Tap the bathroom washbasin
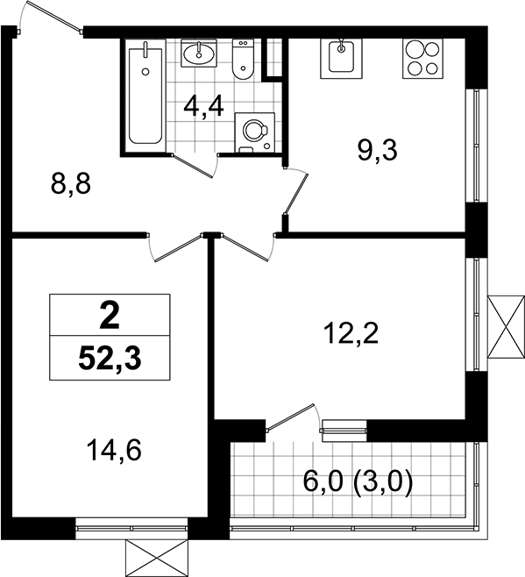(x=199, y=53)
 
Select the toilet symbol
(x=243, y=60)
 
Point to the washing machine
(x=254, y=132)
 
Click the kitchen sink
(x=341, y=59)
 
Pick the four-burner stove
(x=422, y=59)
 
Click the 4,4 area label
(x=204, y=107)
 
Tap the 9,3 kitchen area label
(x=378, y=151)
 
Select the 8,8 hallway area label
(x=71, y=184)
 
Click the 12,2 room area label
(x=351, y=333)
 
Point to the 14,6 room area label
(x=114, y=451)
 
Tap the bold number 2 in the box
(x=110, y=315)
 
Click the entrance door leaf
(x=53, y=16)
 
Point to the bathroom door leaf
(x=193, y=167)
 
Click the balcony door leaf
(x=291, y=417)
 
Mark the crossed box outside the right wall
(x=506, y=326)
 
